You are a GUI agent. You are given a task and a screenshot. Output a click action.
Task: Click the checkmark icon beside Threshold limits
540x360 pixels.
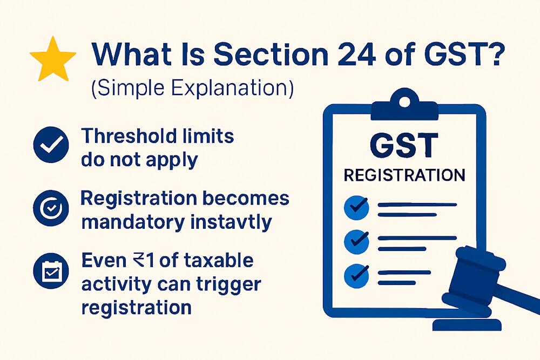pyautogui.click(x=51, y=145)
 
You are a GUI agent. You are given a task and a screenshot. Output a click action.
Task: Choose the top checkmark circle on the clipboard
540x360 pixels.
pyautogui.click(x=357, y=207)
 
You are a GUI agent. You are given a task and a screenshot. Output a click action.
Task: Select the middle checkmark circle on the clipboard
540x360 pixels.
pyautogui.click(x=357, y=239)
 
